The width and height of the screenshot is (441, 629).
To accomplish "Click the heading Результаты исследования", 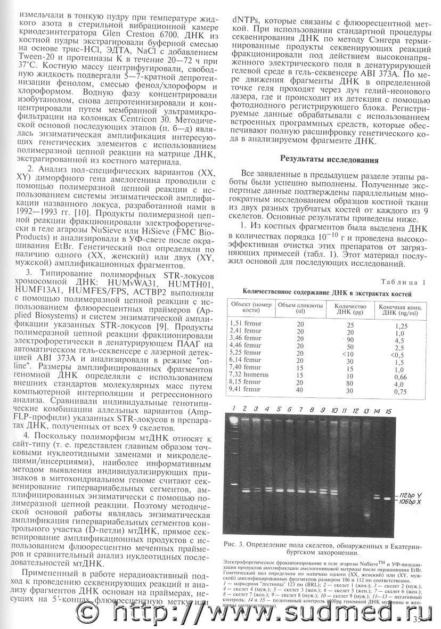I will (326, 159).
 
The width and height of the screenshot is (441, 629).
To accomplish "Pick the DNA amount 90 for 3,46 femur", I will (350, 339).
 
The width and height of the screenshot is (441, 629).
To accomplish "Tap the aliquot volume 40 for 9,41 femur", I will (300, 390).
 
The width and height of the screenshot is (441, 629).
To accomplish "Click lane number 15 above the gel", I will (388, 411).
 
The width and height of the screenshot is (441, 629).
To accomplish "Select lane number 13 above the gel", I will (365, 411).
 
